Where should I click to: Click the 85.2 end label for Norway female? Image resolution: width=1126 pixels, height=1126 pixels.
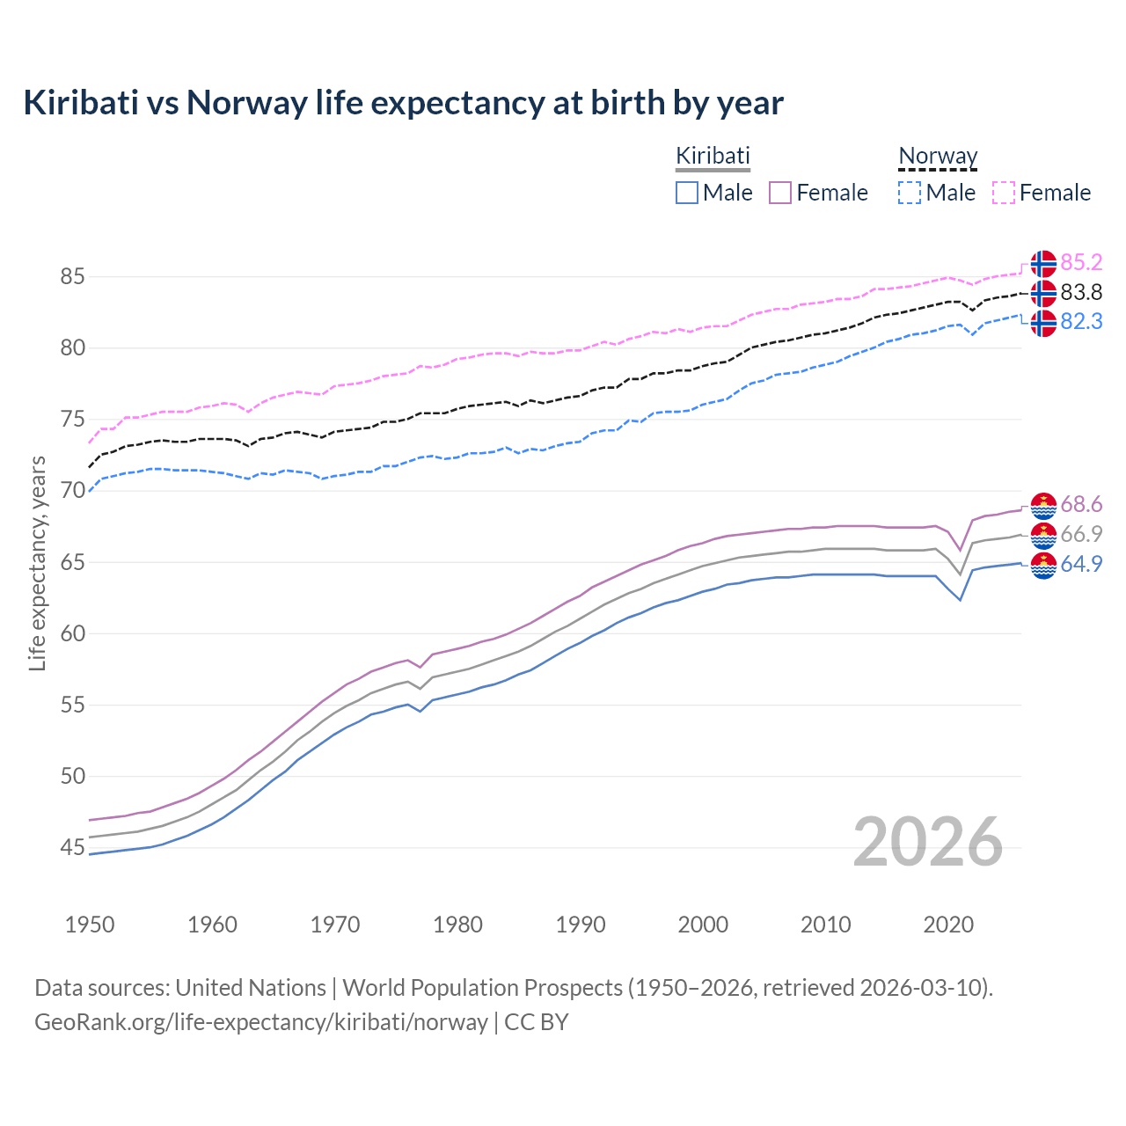pyautogui.click(x=1081, y=262)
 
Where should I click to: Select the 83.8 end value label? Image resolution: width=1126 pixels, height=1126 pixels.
pyautogui.click(x=1081, y=292)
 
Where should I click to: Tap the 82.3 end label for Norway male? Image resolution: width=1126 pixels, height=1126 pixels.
pyautogui.click(x=1081, y=322)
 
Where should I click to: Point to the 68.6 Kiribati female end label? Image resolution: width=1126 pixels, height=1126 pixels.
pyautogui.click(x=1081, y=505)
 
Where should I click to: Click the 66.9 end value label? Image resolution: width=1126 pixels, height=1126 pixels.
pyautogui.click(x=1081, y=534)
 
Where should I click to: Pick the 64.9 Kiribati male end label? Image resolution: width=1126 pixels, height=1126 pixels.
pyautogui.click(x=1081, y=564)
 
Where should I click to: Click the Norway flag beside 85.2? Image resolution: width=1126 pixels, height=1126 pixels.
pyautogui.click(x=1043, y=263)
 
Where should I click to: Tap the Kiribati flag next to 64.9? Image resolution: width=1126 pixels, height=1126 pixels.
pyautogui.click(x=1043, y=566)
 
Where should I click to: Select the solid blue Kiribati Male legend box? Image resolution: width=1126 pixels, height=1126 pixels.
pyautogui.click(x=687, y=193)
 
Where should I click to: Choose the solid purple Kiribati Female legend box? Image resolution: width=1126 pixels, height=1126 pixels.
pyautogui.click(x=780, y=193)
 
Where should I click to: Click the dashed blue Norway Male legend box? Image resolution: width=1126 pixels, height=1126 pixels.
pyautogui.click(x=910, y=193)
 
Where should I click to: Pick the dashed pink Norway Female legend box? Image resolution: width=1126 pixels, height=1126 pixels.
pyautogui.click(x=1004, y=193)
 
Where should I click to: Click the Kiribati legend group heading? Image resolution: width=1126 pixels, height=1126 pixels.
pyautogui.click(x=713, y=156)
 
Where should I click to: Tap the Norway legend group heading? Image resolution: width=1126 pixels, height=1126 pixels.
pyautogui.click(x=938, y=156)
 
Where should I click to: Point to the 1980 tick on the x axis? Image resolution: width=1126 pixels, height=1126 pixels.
pyautogui.click(x=458, y=925)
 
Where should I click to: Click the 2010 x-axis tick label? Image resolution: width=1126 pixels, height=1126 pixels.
pyautogui.click(x=825, y=925)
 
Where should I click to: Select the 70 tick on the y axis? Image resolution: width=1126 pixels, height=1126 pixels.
pyautogui.click(x=72, y=491)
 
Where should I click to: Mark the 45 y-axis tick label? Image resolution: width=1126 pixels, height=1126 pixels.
pyautogui.click(x=72, y=848)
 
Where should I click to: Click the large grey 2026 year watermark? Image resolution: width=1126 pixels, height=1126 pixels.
pyautogui.click(x=928, y=842)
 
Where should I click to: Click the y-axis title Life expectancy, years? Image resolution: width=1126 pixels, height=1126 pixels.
pyautogui.click(x=37, y=563)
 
